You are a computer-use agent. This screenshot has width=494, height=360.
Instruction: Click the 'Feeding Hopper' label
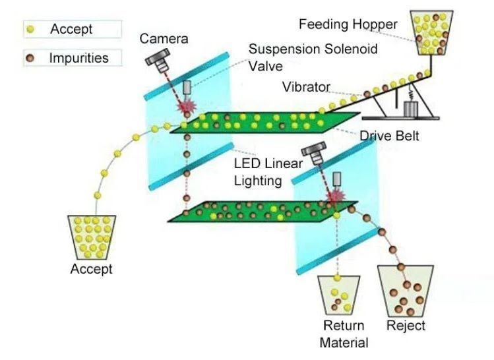pyautogui.click(x=348, y=24)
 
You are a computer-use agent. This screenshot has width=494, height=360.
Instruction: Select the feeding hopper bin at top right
pyautogui.click(x=432, y=32)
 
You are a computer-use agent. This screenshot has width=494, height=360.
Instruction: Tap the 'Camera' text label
pyautogui.click(x=163, y=39)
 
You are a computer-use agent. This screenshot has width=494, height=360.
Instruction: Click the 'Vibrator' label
pyautogui.click(x=306, y=86)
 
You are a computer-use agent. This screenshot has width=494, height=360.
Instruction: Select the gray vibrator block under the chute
pyautogui.click(x=412, y=109)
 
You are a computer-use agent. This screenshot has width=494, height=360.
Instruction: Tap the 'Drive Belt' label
pyautogui.click(x=389, y=136)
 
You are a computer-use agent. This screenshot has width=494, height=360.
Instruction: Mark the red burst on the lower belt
pyautogui.click(x=337, y=196)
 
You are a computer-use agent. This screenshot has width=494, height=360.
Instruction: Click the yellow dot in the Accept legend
pyautogui.click(x=30, y=29)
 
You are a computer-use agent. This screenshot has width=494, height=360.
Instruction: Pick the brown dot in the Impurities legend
pyautogui.click(x=30, y=58)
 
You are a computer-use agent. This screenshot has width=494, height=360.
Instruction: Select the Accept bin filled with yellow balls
pyautogui.click(x=92, y=237)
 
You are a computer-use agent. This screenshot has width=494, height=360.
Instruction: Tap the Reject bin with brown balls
pyautogui.click(x=405, y=291)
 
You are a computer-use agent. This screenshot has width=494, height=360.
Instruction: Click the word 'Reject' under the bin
pyautogui.click(x=405, y=326)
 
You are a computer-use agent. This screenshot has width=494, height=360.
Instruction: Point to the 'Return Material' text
pyautogui.click(x=343, y=334)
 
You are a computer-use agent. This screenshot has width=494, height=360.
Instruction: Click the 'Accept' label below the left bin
pyautogui.click(x=91, y=269)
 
